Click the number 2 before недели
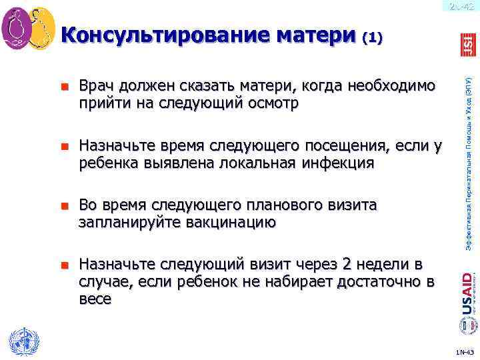coord(346,264)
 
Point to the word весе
coord(95,299)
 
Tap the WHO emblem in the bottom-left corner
coord(22,340)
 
